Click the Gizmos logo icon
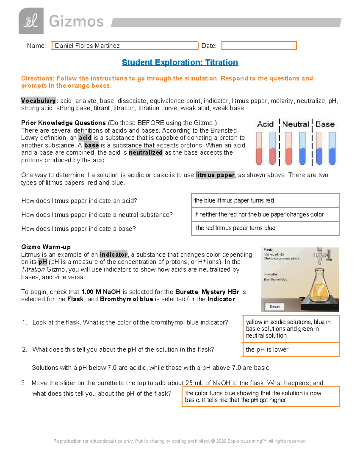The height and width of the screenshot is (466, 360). point(31,21)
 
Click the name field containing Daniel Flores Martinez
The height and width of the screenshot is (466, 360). point(124,46)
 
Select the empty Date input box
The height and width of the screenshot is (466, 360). point(259,46)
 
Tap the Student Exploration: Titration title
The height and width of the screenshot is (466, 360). point(180,62)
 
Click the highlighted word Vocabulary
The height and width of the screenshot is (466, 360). point(38,101)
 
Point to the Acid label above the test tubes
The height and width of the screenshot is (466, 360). point(265,124)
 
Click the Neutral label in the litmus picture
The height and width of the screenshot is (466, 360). point(295,124)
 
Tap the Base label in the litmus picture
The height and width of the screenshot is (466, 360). point(325,124)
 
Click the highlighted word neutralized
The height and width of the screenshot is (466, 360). point(145,153)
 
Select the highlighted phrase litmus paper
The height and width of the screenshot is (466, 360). point(215,175)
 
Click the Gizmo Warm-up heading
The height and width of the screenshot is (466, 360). point(46,247)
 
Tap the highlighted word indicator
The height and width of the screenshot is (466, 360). point(113,254)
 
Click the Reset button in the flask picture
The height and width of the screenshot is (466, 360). point(274,307)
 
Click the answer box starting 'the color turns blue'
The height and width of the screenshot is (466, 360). point(260,396)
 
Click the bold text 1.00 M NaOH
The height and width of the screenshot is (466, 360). point(101,292)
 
